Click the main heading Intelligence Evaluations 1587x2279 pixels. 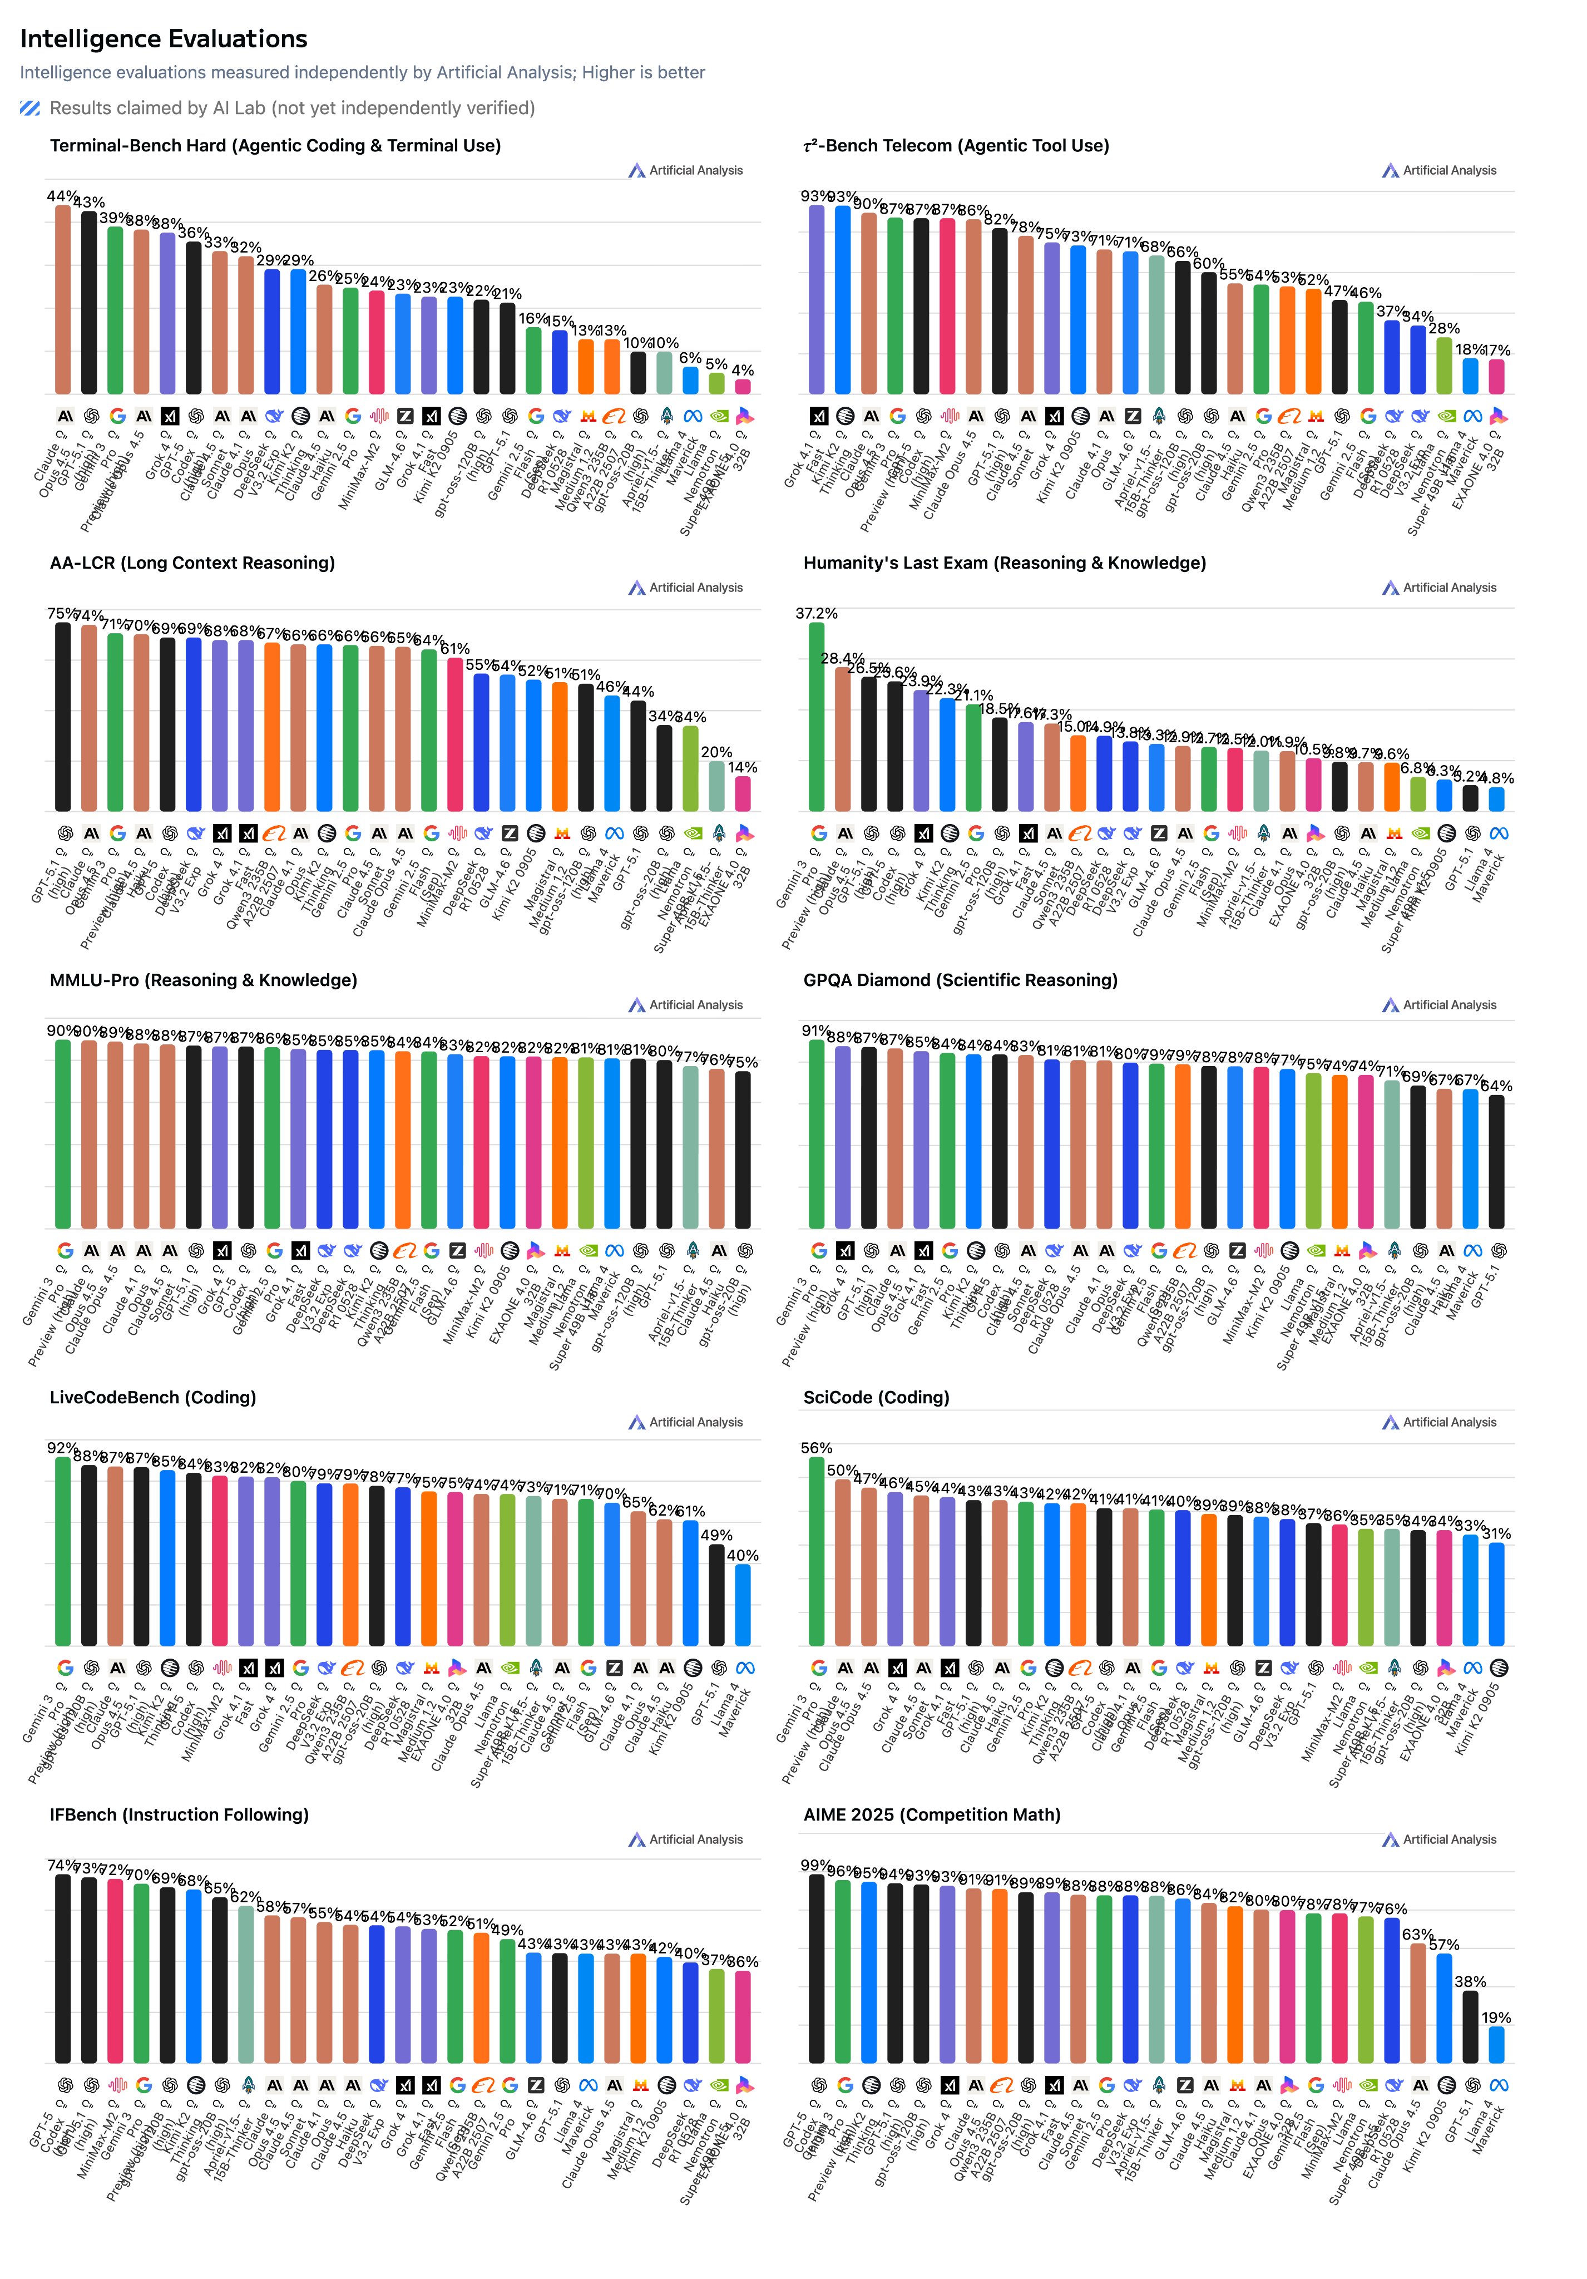(x=164, y=39)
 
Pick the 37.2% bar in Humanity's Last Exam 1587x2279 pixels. (x=817, y=717)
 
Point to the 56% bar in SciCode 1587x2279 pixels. (x=817, y=1551)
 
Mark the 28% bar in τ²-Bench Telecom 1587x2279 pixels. (x=1444, y=366)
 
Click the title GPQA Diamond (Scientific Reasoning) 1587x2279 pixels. (x=960, y=980)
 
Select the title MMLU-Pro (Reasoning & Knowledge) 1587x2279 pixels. (x=204, y=980)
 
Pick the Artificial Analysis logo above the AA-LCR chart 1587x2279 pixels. (x=685, y=588)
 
